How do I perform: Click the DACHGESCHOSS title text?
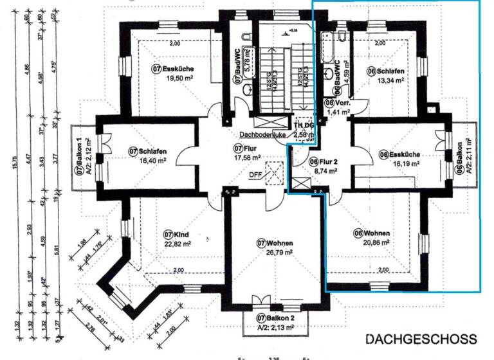(421, 338)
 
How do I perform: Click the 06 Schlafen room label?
(385, 71)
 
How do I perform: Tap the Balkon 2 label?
(275, 318)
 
